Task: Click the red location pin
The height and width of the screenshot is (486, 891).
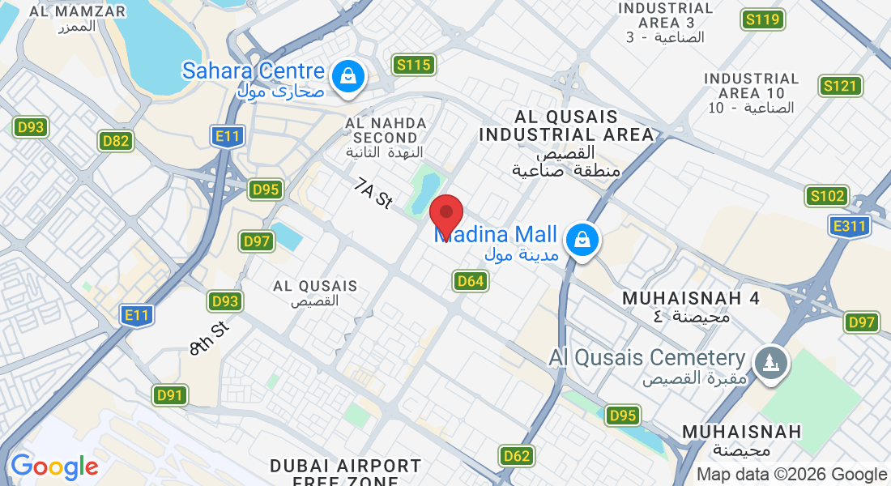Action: coord(446,215)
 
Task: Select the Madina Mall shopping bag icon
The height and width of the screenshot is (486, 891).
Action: coord(582,240)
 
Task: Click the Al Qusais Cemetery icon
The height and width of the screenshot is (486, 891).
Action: coord(769,361)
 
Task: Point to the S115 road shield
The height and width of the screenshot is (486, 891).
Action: coord(414,65)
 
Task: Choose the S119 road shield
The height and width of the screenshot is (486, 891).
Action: coord(762,20)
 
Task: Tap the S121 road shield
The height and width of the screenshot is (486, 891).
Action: coord(840,86)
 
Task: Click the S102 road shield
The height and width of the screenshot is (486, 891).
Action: coord(827,196)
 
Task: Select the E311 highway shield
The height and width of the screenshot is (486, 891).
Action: coord(849,226)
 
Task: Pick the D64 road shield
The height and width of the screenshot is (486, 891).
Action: coord(471,281)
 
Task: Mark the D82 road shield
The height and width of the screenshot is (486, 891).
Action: coord(117,141)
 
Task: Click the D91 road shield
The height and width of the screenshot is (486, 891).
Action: coord(171,395)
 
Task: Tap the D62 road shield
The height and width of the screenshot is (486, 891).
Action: coord(517,455)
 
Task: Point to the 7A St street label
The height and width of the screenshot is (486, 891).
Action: coord(373,195)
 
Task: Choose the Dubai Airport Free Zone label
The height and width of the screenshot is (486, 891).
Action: coord(346,473)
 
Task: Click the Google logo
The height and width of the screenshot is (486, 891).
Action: coord(54,467)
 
